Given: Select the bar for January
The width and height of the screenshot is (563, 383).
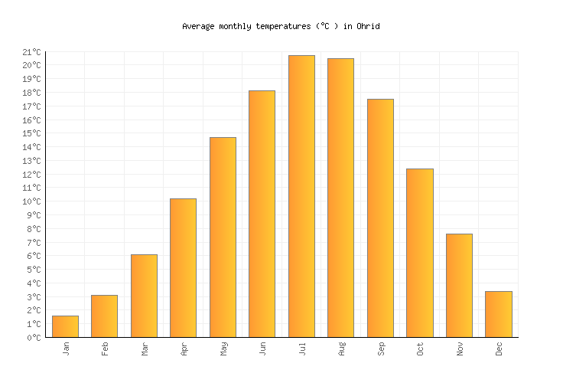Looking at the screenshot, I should [65, 326].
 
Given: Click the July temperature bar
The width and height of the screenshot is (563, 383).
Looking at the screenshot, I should [301, 196].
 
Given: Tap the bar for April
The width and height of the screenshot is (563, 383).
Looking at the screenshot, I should [183, 267].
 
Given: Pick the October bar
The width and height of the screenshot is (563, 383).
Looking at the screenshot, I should [419, 253].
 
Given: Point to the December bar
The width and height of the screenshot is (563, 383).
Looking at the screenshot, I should [498, 314].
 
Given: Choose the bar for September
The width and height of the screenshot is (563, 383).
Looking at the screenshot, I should [380, 218].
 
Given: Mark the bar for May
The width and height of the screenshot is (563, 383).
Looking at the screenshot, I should [223, 237].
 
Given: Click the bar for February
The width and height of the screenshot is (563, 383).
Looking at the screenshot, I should [104, 316].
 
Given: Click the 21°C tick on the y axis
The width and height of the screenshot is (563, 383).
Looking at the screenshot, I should [31, 52].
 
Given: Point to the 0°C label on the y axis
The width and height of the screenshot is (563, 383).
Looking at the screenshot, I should [34, 338].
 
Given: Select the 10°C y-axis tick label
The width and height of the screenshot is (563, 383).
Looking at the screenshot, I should [31, 201].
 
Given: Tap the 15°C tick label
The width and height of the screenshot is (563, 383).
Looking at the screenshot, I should [31, 133].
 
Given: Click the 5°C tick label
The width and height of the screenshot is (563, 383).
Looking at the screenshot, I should [34, 270].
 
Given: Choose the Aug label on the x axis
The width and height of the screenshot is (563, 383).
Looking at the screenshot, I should [341, 349].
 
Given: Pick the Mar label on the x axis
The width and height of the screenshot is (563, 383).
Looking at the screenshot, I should [144, 349].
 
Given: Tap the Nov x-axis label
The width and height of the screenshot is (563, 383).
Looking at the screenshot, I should [459, 349].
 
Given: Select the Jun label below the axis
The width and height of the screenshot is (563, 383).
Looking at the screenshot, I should [262, 349].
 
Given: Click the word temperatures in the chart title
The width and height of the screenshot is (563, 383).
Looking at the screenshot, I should [281, 26].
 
